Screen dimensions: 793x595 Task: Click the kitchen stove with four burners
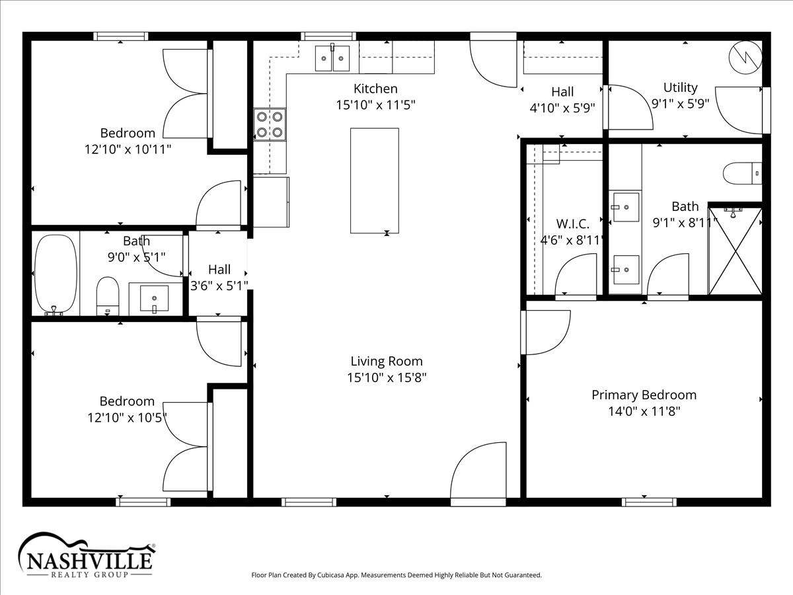coord(270,125)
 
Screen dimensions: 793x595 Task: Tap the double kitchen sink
coord(332,58)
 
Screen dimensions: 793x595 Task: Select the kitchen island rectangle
coord(375,180)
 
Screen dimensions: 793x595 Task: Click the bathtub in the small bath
coord(56,274)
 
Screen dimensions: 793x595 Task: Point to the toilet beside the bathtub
coord(108,296)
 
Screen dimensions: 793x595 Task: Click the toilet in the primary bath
coord(742,173)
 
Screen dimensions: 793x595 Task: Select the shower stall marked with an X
coord(736,251)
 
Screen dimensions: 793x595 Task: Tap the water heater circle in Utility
coord(745,58)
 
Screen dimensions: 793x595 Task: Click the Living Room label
coord(387,361)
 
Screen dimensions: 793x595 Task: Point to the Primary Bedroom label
coord(644,395)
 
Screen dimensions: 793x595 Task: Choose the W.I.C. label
coord(573,224)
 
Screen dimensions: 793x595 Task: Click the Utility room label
coord(681,87)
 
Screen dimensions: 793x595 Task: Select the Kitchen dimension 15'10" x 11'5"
coord(376,105)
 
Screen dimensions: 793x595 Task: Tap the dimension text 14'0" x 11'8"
coord(644,411)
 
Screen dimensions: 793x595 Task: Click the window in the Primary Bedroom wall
coord(649,502)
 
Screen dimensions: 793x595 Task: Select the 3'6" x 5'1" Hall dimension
coord(219,286)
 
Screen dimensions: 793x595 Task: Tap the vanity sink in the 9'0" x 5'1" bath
coord(154,298)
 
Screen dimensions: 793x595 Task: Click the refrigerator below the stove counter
coord(271,202)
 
